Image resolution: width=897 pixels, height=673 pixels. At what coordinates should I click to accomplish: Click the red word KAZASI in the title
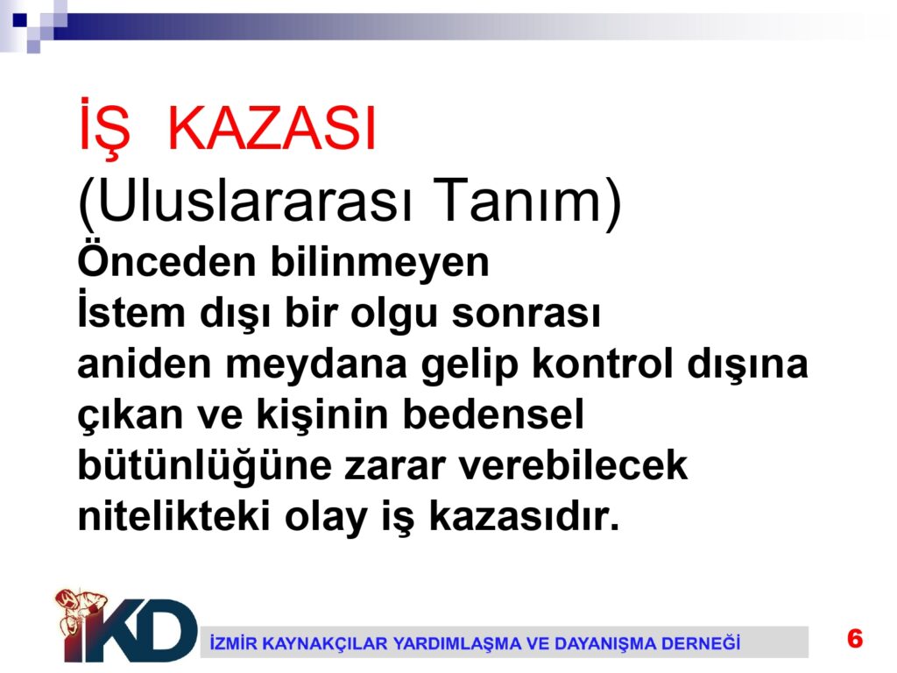272,128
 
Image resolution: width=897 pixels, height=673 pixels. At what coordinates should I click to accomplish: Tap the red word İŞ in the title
104,127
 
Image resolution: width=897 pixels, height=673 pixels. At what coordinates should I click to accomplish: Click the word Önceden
166,260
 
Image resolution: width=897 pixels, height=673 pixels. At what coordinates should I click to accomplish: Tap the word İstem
131,311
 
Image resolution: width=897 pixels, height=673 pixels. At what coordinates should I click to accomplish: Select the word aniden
145,364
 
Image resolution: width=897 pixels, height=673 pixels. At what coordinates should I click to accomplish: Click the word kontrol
603,364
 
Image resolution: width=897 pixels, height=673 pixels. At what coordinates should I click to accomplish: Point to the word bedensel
494,414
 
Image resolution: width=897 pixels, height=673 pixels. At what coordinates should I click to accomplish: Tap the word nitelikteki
174,515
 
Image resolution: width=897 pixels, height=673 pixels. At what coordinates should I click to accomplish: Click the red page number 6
855,638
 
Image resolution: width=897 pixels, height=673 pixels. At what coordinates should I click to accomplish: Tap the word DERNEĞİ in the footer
701,643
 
